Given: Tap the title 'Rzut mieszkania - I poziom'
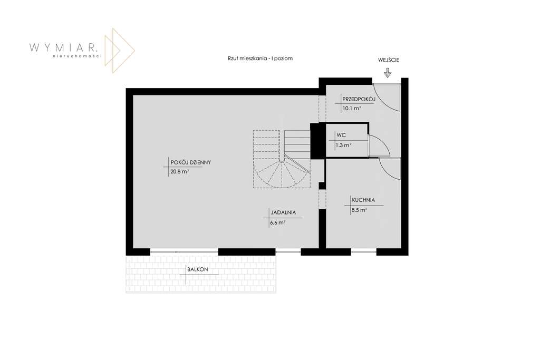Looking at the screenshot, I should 257,59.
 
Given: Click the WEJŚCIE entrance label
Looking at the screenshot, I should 389,60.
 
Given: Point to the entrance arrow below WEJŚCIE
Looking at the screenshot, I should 388,74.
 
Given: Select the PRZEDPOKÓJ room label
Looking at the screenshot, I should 358,99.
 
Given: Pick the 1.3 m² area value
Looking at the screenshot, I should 344,144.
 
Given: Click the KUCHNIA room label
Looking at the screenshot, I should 363,200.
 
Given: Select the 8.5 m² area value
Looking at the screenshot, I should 359,210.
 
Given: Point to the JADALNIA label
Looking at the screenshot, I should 283,213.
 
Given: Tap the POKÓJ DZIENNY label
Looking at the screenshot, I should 190,162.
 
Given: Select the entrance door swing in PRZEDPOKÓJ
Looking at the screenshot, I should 388,98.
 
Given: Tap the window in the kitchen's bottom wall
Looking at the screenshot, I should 364,252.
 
